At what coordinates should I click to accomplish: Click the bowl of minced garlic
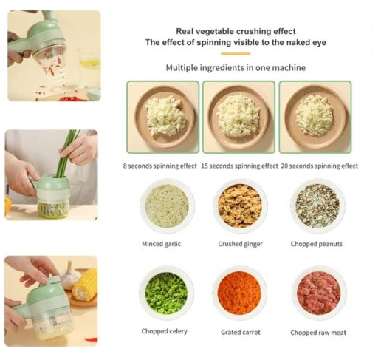tap(167, 206)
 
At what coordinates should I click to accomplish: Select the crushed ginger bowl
tap(240, 206)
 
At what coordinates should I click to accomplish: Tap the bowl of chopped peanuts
tap(317, 206)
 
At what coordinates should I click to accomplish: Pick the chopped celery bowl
tap(166, 293)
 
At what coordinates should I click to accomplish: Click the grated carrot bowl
tap(239, 293)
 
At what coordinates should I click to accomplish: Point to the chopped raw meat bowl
tap(319, 293)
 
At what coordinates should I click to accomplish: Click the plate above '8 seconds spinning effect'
tap(165, 117)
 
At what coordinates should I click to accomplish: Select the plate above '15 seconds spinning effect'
tap(238, 117)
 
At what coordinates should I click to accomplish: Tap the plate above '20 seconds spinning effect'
tap(315, 117)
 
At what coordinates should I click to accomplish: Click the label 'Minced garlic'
tap(161, 244)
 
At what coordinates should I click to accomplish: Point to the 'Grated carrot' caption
tap(241, 332)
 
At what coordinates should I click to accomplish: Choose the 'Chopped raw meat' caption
tap(318, 333)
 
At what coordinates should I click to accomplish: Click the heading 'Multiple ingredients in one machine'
tap(236, 67)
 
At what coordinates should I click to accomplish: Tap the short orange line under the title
tap(236, 53)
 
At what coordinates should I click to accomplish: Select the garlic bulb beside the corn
tap(70, 276)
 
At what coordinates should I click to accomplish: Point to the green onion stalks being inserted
tap(66, 153)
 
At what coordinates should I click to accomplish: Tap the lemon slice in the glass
tap(89, 63)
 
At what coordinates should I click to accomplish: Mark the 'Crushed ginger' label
tap(240, 244)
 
